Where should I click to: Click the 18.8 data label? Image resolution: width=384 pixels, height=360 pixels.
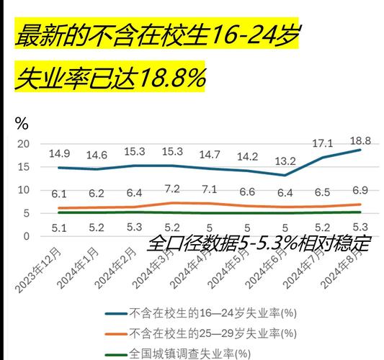tap(360, 140)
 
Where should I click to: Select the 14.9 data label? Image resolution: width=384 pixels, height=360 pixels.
tap(59, 153)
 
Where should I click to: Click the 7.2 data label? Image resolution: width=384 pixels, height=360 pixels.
tap(172, 189)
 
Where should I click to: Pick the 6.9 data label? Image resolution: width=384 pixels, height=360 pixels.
tap(360, 190)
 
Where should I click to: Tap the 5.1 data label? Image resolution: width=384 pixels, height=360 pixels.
tap(59, 228)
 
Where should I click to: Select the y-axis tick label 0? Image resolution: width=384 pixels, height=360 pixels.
tap(26, 236)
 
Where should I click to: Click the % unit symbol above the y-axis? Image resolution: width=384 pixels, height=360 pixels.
tap(22, 123)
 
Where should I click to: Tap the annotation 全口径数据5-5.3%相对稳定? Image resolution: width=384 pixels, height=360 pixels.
tap(259, 243)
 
